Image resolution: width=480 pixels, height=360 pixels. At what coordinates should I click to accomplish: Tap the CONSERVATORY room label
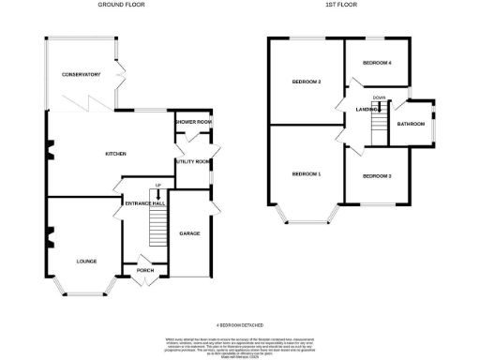pyautogui.click(x=81, y=74)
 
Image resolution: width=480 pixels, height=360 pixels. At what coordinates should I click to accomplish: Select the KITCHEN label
pyautogui.click(x=115, y=154)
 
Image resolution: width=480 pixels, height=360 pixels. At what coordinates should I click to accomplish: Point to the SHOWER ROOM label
pyautogui.click(x=193, y=122)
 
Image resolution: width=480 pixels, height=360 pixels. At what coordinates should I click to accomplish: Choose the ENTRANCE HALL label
pyautogui.click(x=144, y=203)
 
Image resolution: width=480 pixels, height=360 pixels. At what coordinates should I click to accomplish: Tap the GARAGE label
pyautogui.click(x=190, y=232)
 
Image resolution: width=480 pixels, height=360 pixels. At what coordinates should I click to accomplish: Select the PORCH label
pyautogui.click(x=145, y=273)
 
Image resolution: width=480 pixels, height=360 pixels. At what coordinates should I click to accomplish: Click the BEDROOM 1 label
pyautogui.click(x=306, y=174)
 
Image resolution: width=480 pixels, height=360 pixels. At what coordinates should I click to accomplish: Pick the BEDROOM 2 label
pyautogui.click(x=307, y=82)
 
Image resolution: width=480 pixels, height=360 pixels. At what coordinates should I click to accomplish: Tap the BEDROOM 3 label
pyautogui.click(x=376, y=175)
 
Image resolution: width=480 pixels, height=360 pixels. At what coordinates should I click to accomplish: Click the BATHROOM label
pyautogui.click(x=411, y=124)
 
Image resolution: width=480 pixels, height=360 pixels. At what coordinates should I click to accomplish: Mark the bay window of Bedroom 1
pyautogui.click(x=306, y=218)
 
